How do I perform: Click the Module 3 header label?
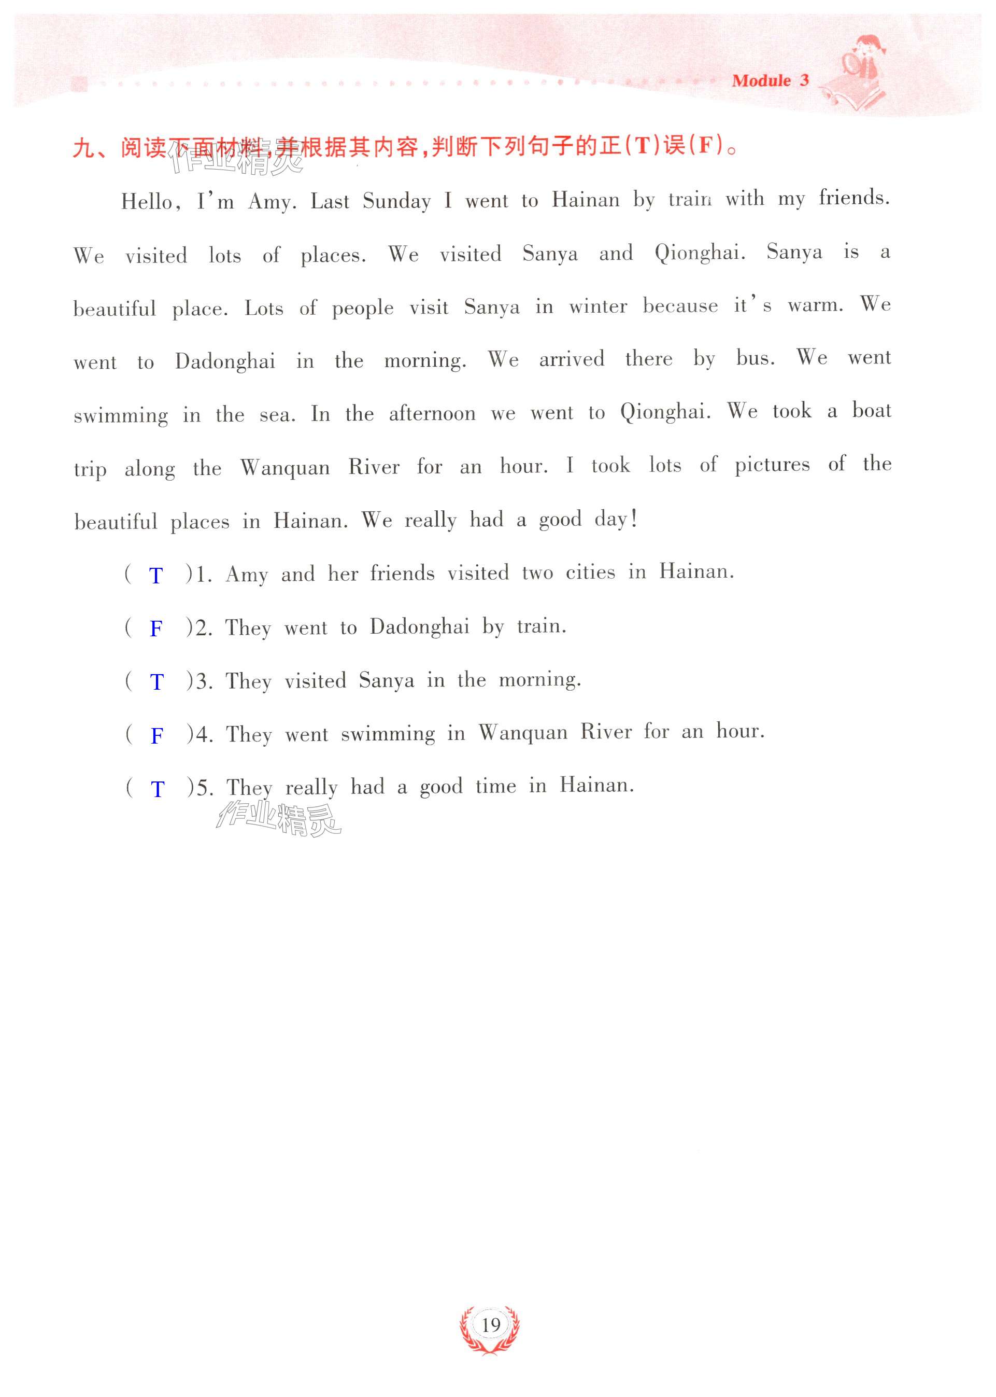[x=770, y=81]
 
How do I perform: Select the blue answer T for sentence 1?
[x=156, y=576]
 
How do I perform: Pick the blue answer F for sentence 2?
[x=156, y=628]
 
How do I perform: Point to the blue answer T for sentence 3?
[x=156, y=681]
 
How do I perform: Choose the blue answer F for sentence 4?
[x=156, y=735]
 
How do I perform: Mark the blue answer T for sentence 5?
[x=157, y=788]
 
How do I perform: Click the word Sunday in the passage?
[x=396, y=201]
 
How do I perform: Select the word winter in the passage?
[x=598, y=305]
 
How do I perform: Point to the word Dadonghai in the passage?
[x=225, y=361]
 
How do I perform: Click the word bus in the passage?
[x=755, y=358]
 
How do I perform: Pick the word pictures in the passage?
[x=772, y=465]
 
